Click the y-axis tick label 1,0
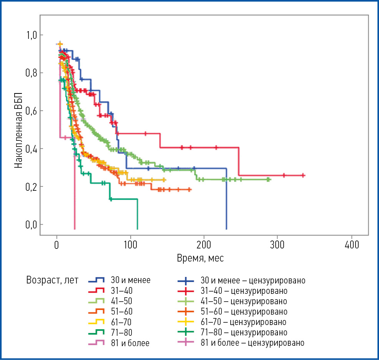coord(32,35)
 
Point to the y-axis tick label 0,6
coord(32,111)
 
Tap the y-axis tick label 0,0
coord(32,225)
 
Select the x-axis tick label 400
coord(352,245)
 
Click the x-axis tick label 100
coord(131,245)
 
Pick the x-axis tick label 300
coord(278,245)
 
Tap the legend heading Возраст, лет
coord(52,280)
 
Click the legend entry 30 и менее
coord(131,280)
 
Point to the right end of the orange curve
coord(191,190)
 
